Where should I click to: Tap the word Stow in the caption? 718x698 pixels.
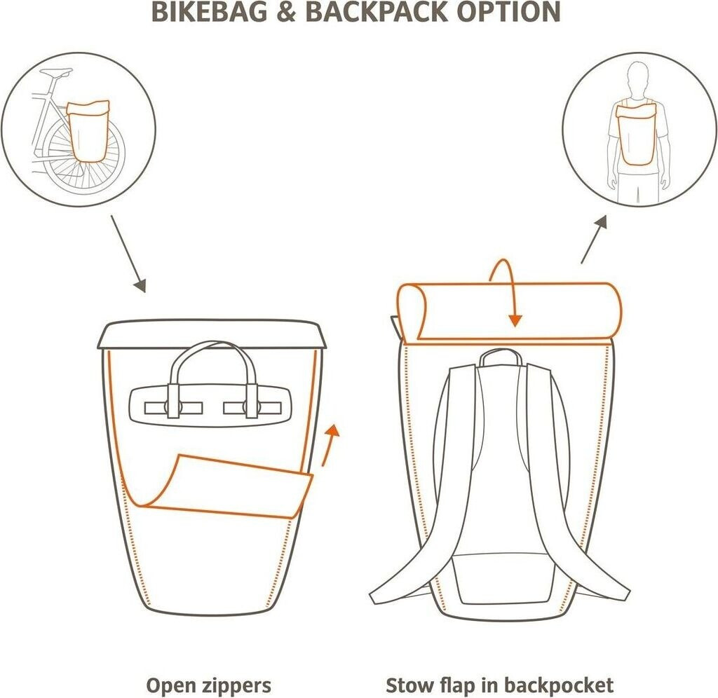coord(409,685)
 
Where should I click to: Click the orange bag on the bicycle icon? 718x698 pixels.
coord(88,130)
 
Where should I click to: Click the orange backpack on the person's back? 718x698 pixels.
coord(637,133)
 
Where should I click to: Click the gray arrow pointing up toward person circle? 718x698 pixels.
coord(592,240)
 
